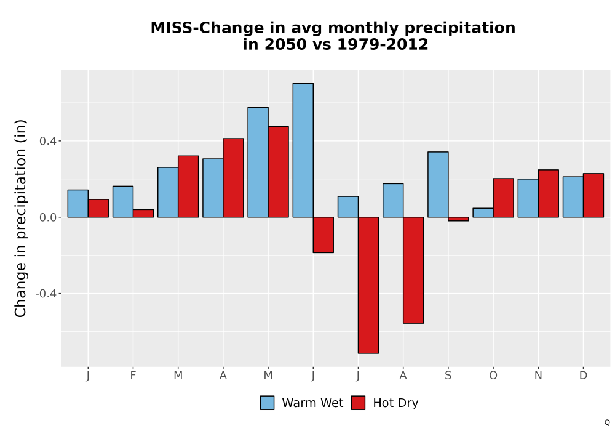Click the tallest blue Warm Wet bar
coord(303,150)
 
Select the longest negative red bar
coord(368,285)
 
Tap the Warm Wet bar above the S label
coord(438,185)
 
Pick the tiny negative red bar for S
coord(459,219)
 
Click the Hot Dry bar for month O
coord(503,198)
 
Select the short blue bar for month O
coord(483,213)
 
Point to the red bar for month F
coord(143,214)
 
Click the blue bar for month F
coord(123,202)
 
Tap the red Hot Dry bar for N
coord(549,193)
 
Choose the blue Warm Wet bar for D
coord(573,197)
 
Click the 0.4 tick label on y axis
coord(48,141)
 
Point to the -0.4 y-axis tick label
coord(46,294)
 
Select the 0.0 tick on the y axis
coord(48,217)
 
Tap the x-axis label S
coord(448,376)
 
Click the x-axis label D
coord(583,376)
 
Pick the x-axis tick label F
coord(133,376)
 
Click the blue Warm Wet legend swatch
coord(267,403)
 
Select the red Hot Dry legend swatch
coord(358,403)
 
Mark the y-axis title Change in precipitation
coord(20,218)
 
